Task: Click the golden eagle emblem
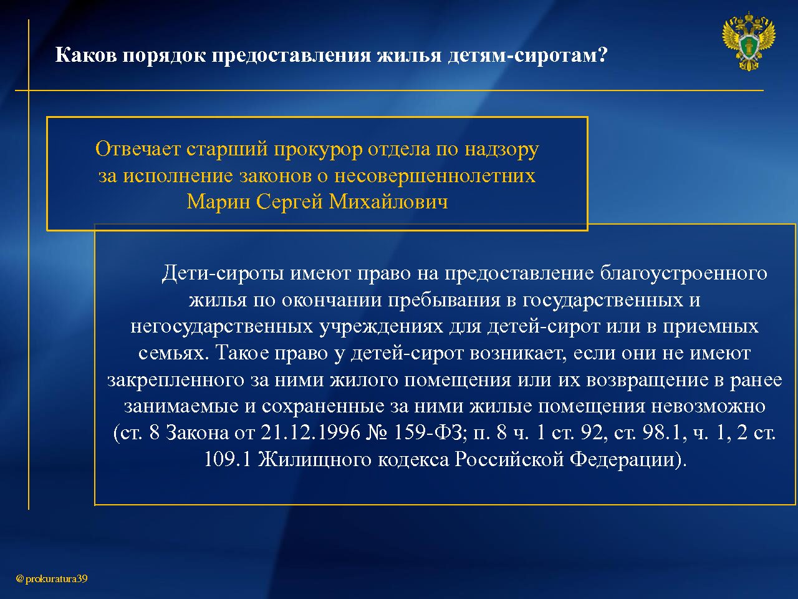click(748, 42)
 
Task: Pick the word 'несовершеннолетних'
click(435, 175)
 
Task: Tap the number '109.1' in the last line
click(227, 459)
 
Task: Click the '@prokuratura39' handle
click(52, 578)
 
